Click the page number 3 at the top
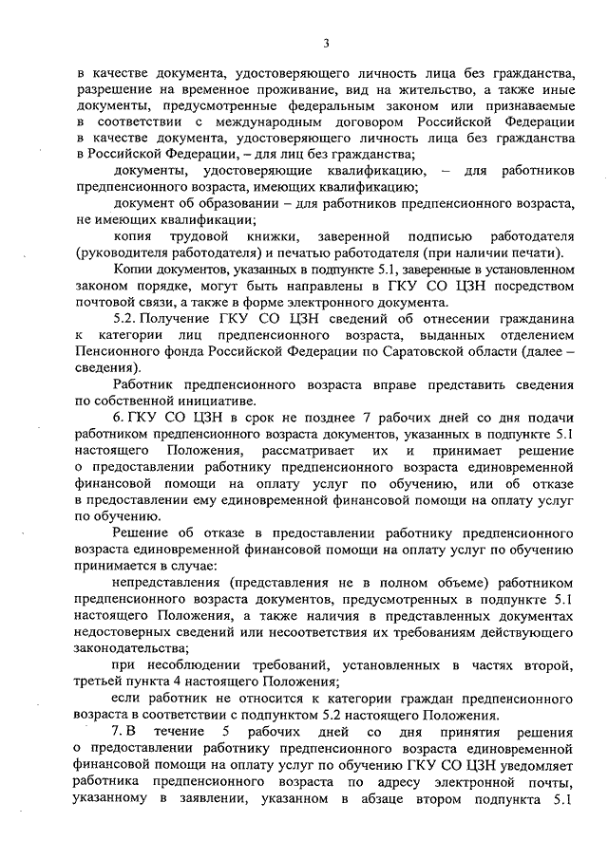pyautogui.click(x=326, y=42)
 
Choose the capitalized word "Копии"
pyautogui.click(x=132, y=270)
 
